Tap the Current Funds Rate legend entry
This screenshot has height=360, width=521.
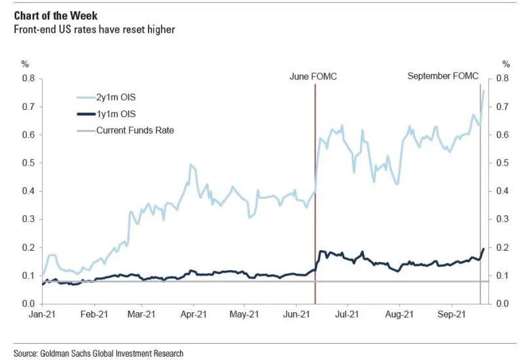(134, 130)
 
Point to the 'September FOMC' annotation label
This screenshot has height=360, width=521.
(443, 77)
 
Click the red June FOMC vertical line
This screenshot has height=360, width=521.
(315, 196)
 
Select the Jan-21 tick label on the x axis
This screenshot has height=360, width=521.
(42, 314)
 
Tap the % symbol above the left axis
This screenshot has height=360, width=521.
(25, 64)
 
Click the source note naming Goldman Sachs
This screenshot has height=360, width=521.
(98, 353)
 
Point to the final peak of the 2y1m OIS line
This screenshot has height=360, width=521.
(483, 90)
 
